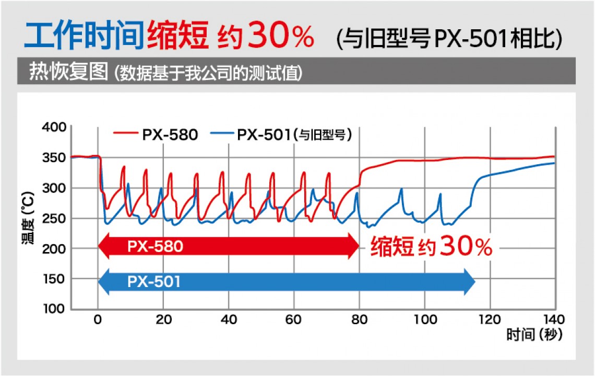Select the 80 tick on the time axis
(359, 320)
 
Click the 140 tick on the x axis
(554, 320)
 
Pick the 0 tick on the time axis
(98, 320)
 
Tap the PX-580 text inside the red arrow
(155, 246)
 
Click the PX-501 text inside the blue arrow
(153, 282)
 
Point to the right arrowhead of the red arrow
(354, 246)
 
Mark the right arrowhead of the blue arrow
(469, 282)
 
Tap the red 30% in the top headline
(281, 36)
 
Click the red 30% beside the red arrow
(466, 246)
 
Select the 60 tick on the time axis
(294, 320)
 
